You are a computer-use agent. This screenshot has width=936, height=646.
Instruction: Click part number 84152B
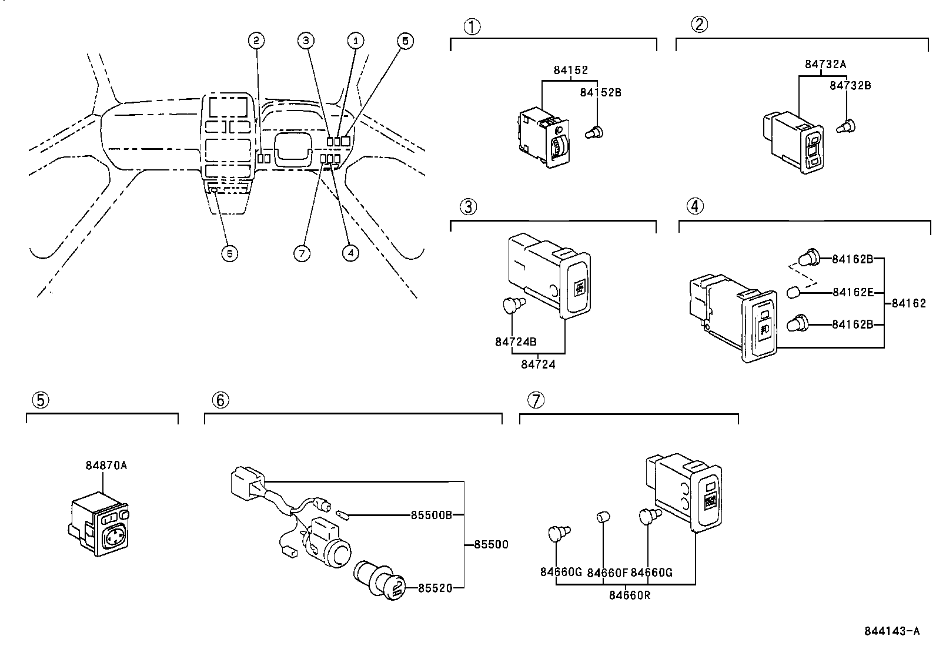point(600,92)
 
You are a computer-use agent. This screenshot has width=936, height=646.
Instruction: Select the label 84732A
point(825,64)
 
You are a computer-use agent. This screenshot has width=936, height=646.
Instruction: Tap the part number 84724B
point(516,342)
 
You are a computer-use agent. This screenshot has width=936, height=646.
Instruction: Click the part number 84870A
point(106,465)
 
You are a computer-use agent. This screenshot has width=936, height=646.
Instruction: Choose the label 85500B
point(431,515)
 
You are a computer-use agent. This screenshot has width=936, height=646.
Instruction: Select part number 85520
point(435,587)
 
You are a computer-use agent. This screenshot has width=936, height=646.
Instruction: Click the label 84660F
point(608,572)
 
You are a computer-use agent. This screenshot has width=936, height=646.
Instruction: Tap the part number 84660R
point(629,595)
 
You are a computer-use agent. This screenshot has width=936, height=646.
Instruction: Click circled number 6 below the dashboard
point(229,253)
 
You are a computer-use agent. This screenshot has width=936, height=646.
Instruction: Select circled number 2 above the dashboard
point(256,41)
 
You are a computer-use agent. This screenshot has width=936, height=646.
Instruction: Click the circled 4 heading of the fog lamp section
point(694,206)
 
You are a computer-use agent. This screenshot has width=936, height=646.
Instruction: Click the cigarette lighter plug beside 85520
point(382,581)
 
